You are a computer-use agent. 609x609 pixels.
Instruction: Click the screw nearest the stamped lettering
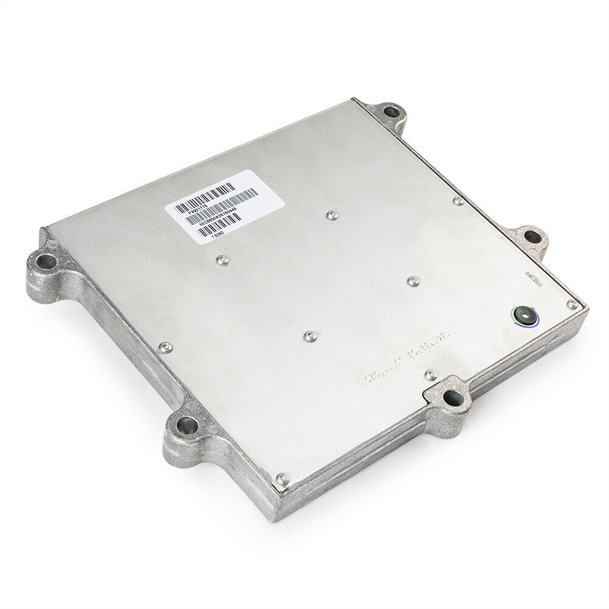[430, 374]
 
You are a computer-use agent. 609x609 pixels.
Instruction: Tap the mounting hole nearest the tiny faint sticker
[532, 238]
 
